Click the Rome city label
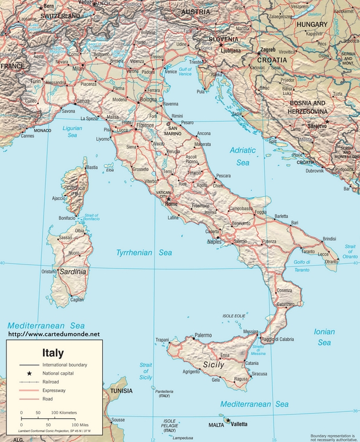(x=172, y=204)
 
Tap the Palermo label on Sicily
(x=203, y=335)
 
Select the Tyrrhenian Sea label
(x=144, y=253)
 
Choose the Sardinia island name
(x=73, y=271)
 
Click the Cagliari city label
(x=77, y=300)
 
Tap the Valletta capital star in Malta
(x=228, y=420)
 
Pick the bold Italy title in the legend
(x=53, y=353)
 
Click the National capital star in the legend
(x=28, y=374)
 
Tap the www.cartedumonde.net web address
(x=53, y=334)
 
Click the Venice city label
(x=171, y=71)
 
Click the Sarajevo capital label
(x=317, y=125)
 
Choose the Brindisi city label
(x=330, y=239)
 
